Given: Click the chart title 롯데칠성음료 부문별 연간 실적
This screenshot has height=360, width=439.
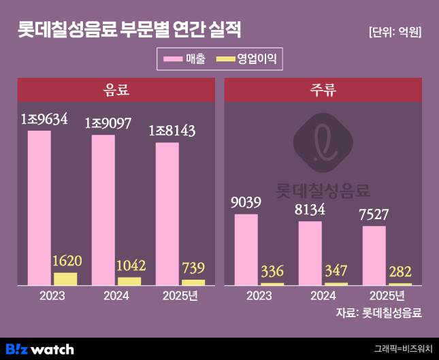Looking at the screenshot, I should tap(129, 31).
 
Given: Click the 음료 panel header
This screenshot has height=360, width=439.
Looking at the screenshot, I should tap(116, 90).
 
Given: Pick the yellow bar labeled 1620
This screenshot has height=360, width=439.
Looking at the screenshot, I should tap(65, 278).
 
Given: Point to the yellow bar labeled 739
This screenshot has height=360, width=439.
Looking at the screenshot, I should tap(193, 282).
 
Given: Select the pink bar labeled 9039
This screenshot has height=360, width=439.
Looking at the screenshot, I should tap(246, 249).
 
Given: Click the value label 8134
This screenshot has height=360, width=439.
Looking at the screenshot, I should tap(310, 210).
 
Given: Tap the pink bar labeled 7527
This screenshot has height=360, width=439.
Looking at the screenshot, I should tap(374, 255).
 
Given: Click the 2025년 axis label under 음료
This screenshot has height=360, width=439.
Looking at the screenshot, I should tap(180, 296).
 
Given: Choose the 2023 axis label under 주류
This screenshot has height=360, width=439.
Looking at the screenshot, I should tap(259, 296).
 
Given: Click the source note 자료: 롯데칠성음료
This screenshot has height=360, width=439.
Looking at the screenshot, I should tap(379, 313).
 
